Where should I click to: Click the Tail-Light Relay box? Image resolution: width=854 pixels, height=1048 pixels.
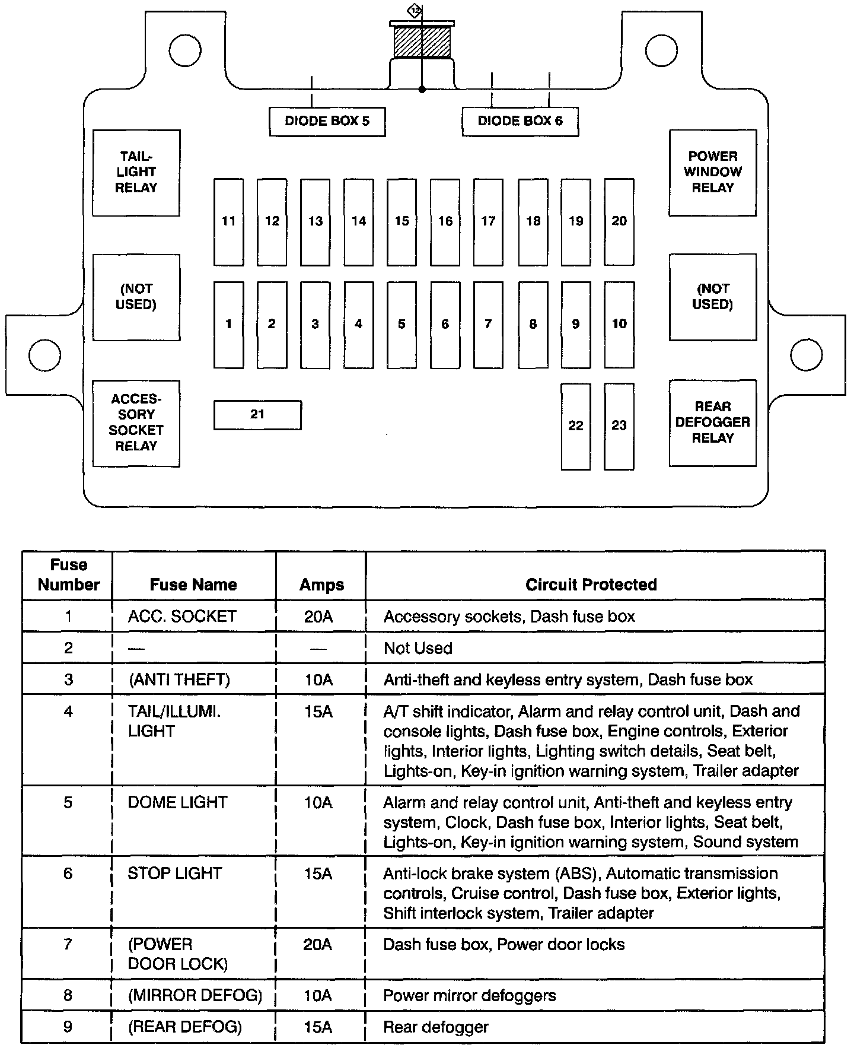click(136, 173)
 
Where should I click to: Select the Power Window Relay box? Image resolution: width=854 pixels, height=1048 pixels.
click(713, 173)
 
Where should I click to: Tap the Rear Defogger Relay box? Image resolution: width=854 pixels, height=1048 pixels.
click(713, 423)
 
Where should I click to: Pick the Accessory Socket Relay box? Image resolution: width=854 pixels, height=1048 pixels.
click(136, 423)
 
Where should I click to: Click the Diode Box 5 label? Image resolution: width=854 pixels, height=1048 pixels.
click(327, 122)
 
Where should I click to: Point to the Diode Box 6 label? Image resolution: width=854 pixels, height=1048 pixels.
click(520, 122)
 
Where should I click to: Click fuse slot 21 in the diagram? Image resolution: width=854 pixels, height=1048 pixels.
click(257, 415)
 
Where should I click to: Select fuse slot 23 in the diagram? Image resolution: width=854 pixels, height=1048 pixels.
click(619, 426)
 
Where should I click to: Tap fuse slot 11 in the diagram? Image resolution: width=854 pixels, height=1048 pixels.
click(228, 222)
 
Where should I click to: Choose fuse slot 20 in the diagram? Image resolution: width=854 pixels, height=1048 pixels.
click(619, 222)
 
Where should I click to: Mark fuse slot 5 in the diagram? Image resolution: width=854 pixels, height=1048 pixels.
click(401, 325)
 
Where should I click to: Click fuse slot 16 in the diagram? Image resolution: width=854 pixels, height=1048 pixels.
click(445, 222)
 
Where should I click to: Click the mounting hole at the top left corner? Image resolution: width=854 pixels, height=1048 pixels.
click(184, 51)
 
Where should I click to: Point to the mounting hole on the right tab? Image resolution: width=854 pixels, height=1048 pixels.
click(806, 355)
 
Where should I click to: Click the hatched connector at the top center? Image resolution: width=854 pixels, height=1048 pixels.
click(422, 42)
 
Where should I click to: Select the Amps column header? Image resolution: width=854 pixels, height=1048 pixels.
click(321, 585)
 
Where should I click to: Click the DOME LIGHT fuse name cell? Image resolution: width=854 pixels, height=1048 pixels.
click(177, 802)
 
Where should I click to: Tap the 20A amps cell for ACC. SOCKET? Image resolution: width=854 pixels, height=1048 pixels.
click(318, 617)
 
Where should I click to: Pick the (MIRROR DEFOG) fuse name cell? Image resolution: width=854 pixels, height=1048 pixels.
click(195, 995)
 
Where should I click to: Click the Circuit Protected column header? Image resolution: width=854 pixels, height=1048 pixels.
click(591, 585)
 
